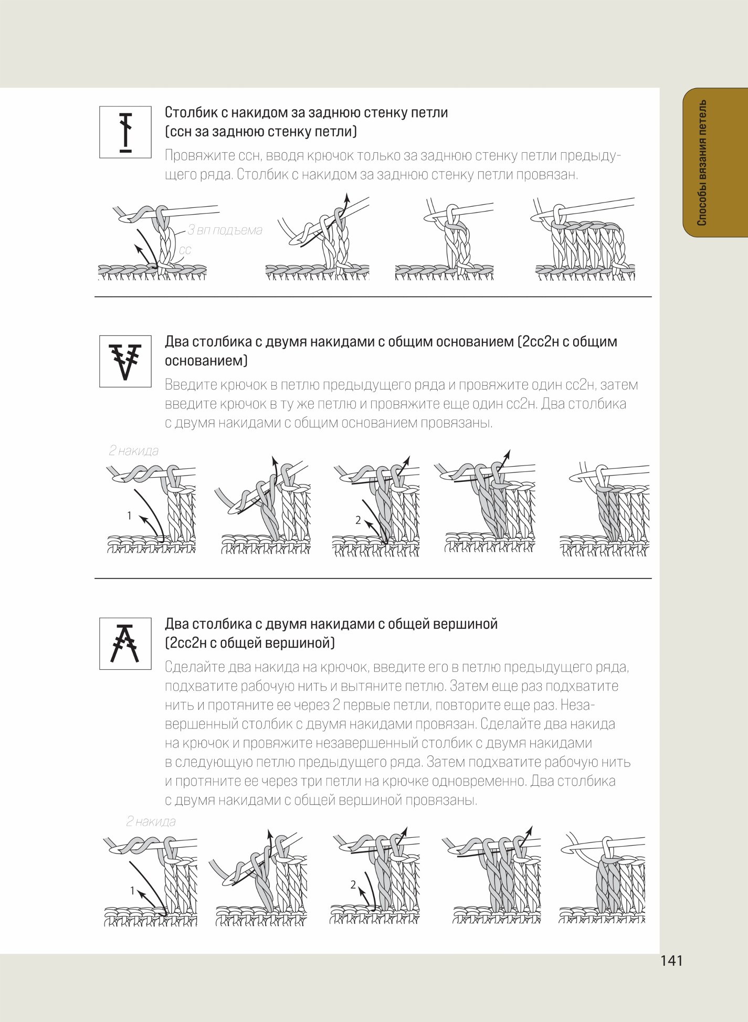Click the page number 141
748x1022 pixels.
click(671, 961)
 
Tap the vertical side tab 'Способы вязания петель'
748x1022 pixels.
click(702, 163)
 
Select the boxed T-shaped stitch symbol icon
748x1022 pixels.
click(125, 132)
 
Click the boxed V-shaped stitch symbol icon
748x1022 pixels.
click(125, 362)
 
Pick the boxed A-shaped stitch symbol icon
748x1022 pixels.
click(125, 644)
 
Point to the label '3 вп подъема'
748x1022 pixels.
click(225, 230)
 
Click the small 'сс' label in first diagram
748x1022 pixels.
click(185, 250)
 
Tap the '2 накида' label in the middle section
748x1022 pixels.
click(134, 450)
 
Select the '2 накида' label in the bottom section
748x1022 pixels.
click(151, 821)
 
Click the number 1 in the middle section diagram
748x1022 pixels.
click(129, 516)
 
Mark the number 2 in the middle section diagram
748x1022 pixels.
click(358, 520)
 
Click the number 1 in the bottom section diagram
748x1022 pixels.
click(133, 890)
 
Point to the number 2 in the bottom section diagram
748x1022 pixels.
click(353, 885)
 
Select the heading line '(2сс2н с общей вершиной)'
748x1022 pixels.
click(250, 643)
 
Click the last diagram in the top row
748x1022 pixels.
click(585, 239)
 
